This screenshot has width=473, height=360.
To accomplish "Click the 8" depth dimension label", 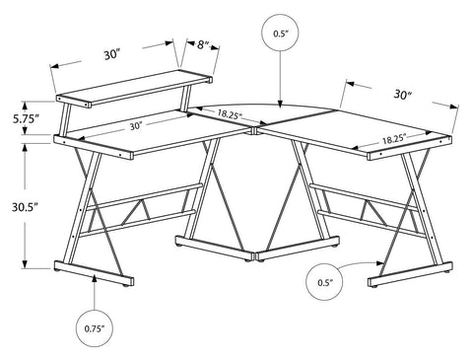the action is [203, 44].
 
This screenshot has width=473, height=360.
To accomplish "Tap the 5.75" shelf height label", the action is [27, 118].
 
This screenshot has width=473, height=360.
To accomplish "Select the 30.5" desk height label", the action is [26, 207].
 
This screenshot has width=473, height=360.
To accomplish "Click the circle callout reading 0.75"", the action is [95, 328].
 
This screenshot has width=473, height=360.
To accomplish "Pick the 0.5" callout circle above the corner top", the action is [280, 33].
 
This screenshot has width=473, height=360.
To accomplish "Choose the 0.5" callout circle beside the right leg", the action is [324, 282].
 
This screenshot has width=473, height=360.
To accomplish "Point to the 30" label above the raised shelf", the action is [112, 54].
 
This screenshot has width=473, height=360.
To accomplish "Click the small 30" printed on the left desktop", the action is [135, 126].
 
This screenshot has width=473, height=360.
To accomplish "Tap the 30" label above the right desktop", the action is [403, 95].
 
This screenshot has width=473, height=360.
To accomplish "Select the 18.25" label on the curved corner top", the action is [229, 114].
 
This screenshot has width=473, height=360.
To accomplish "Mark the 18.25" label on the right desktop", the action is [394, 139].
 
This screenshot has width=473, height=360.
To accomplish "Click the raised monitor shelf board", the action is [134, 88].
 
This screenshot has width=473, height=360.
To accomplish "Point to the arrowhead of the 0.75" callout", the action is [95, 279].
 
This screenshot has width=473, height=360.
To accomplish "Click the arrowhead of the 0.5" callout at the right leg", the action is [380, 262].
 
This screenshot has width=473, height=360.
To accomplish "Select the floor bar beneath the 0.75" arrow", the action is [94, 273].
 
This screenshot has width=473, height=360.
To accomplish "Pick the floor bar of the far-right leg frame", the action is [410, 274].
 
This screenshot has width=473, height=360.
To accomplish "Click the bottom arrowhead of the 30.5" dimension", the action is [25, 264].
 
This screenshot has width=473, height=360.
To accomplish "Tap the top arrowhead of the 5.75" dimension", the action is [25, 106].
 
